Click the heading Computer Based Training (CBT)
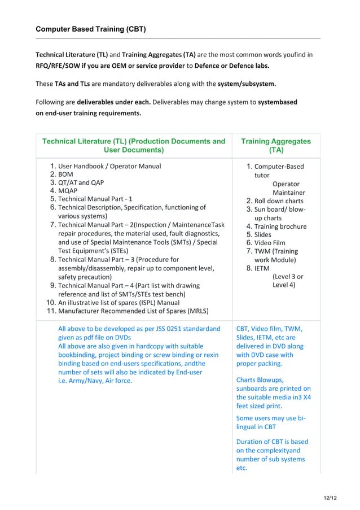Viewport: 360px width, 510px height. point(91,29)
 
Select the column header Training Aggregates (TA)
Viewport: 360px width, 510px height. point(276,146)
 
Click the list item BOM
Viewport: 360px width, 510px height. point(65,175)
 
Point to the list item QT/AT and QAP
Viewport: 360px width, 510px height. point(81,183)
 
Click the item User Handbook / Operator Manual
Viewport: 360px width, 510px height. point(109,166)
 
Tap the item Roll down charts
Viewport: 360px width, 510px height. point(279,201)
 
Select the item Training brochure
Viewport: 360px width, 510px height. point(280,226)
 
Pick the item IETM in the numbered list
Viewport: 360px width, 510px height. point(262,268)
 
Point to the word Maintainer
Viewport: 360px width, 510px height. point(288,193)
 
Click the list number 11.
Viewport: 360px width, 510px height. point(50,311)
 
